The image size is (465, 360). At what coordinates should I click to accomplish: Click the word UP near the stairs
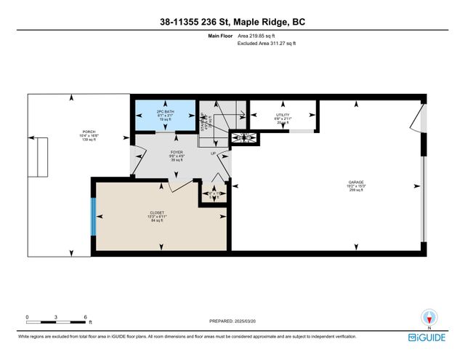tap(213, 153)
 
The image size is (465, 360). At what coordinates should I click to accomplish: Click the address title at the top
tap(232, 23)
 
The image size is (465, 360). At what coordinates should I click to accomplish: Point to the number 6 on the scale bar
tap(86, 317)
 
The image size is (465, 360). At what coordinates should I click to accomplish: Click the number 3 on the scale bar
tap(57, 317)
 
